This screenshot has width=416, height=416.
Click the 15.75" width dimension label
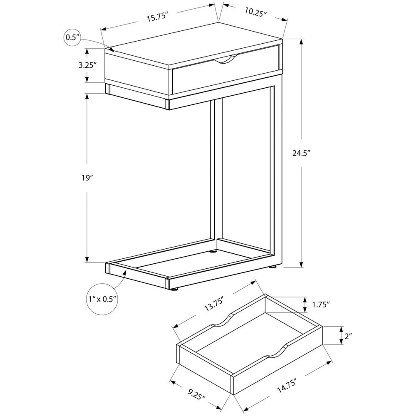point(158,18)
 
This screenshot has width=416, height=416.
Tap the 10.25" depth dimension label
point(255,12)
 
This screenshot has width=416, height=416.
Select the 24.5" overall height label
point(301,153)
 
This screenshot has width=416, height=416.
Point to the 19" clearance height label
point(87,178)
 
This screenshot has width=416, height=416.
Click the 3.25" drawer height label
point(87,65)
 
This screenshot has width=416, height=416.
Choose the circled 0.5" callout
point(73,38)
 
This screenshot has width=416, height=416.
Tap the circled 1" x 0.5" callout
point(103,299)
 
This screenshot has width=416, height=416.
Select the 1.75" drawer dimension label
point(321,305)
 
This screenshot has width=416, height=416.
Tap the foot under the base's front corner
point(173,290)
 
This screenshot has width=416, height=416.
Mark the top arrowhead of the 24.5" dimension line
point(301,43)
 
